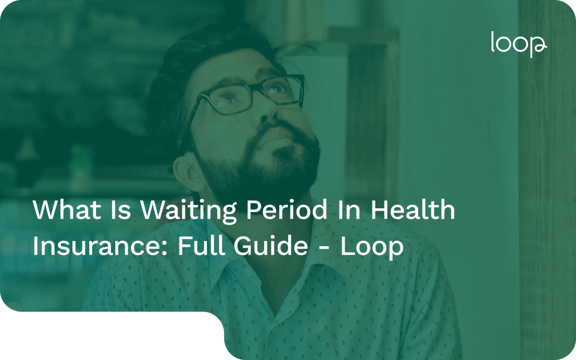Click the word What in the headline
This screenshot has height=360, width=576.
click(x=61, y=211)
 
